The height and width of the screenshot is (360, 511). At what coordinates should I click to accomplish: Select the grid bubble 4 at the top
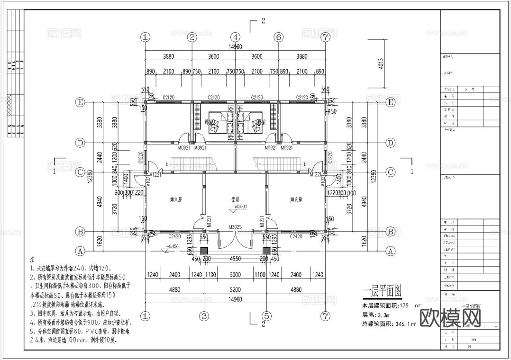235,37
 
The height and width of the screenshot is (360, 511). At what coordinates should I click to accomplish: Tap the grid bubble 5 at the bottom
266,315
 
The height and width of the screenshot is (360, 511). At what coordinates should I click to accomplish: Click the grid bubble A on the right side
391,251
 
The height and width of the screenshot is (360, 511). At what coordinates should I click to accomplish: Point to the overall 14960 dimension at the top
235,46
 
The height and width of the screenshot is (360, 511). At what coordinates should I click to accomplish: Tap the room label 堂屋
235,200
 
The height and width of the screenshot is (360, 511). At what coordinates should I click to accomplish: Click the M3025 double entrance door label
235,227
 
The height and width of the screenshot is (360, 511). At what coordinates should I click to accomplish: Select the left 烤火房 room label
175,200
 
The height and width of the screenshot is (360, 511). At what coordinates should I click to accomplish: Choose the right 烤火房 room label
296,200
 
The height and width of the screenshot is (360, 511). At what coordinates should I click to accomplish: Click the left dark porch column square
204,251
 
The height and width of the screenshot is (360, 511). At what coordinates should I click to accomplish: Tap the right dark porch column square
266,251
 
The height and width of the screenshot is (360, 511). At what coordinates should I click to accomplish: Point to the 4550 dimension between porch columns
235,259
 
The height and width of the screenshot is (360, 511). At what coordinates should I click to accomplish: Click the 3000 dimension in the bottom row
235,275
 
